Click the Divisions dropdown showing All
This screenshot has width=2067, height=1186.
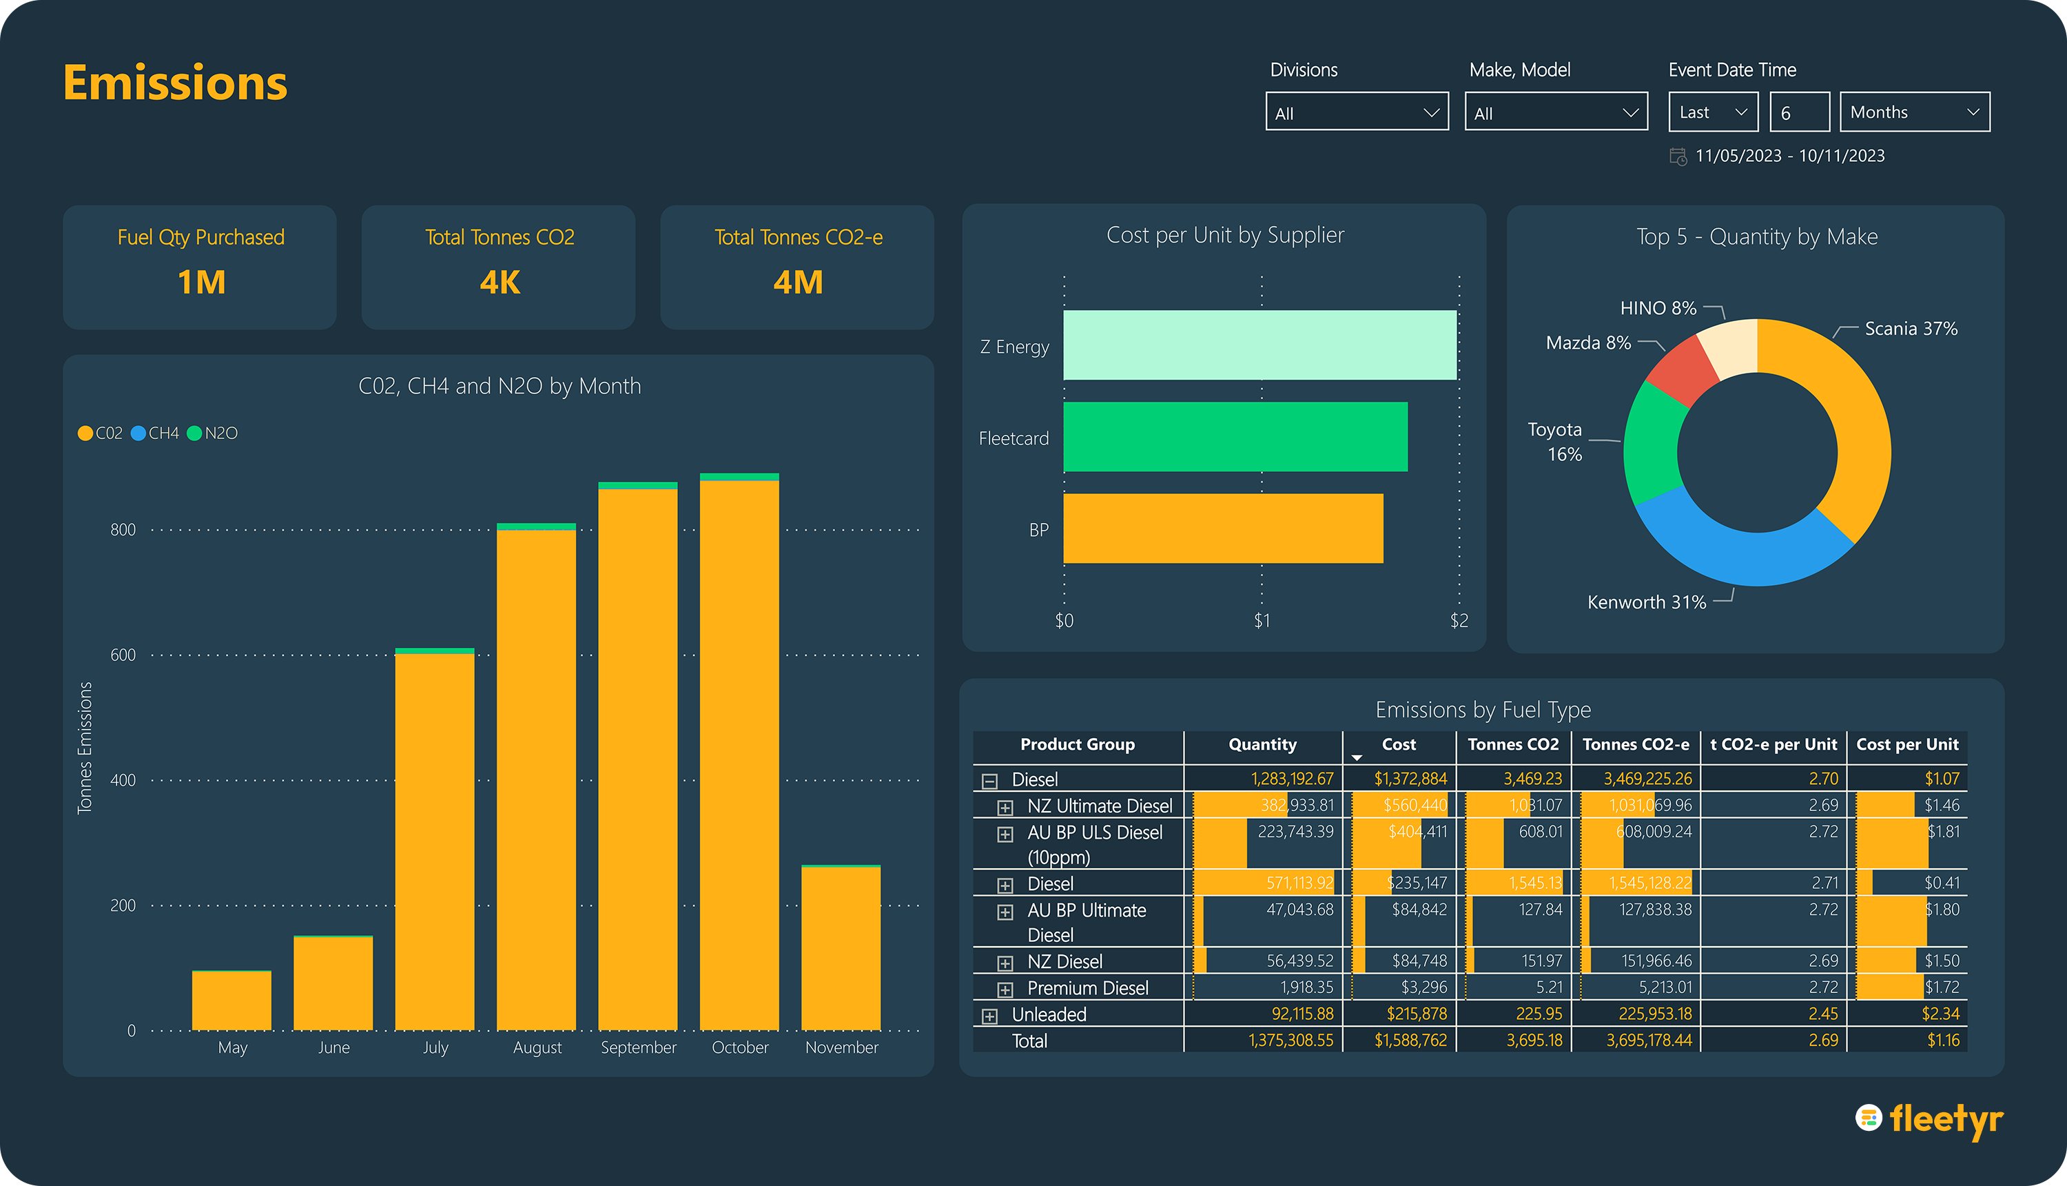point(1356,112)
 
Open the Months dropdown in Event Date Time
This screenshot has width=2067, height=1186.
point(1914,112)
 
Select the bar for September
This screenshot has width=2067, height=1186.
point(638,757)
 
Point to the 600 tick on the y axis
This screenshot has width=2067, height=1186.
point(123,655)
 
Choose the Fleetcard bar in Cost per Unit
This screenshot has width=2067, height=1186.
point(1235,437)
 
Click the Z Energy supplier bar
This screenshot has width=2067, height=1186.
point(1259,345)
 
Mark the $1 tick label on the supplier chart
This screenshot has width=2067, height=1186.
point(1262,621)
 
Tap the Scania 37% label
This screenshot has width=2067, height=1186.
point(1911,329)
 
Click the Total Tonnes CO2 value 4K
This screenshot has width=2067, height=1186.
point(500,283)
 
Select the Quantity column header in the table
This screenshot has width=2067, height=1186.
point(1262,744)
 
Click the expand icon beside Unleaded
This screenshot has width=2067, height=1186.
point(989,1016)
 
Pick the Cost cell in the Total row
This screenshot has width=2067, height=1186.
point(1410,1040)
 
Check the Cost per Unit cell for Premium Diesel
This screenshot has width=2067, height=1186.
point(1942,988)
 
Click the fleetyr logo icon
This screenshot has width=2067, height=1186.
point(1869,1118)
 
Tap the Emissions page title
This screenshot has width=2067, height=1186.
point(175,83)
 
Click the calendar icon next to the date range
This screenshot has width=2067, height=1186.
point(1678,156)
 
